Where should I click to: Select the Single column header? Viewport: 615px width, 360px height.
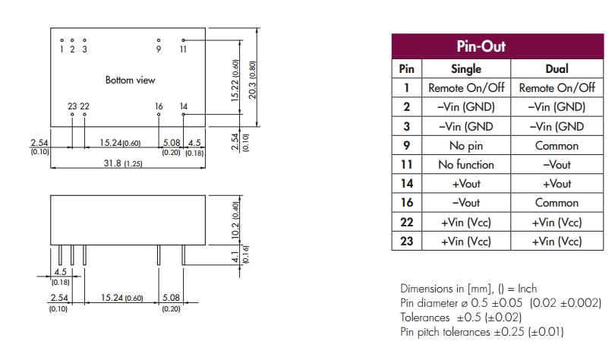pos(466,69)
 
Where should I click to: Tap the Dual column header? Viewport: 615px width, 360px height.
pos(557,69)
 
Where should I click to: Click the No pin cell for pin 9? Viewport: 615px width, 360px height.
pos(466,146)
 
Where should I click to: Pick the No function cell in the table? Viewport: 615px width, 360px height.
pos(466,165)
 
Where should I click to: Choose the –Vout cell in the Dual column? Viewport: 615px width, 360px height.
pos(557,165)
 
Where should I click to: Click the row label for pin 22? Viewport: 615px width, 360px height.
pos(406,223)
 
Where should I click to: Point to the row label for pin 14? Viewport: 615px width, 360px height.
pos(406,184)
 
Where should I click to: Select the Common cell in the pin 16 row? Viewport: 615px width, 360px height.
pos(557,203)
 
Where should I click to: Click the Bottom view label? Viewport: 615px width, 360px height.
pos(130,80)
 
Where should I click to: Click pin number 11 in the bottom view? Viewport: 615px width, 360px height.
pos(183,49)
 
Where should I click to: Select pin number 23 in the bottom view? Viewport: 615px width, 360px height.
pos(72,106)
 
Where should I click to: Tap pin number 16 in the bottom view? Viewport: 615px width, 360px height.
pos(159,106)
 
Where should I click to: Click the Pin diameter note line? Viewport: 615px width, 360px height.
pos(500,302)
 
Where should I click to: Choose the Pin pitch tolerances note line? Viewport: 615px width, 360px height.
pos(481,332)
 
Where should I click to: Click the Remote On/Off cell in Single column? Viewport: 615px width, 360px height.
pos(466,88)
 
